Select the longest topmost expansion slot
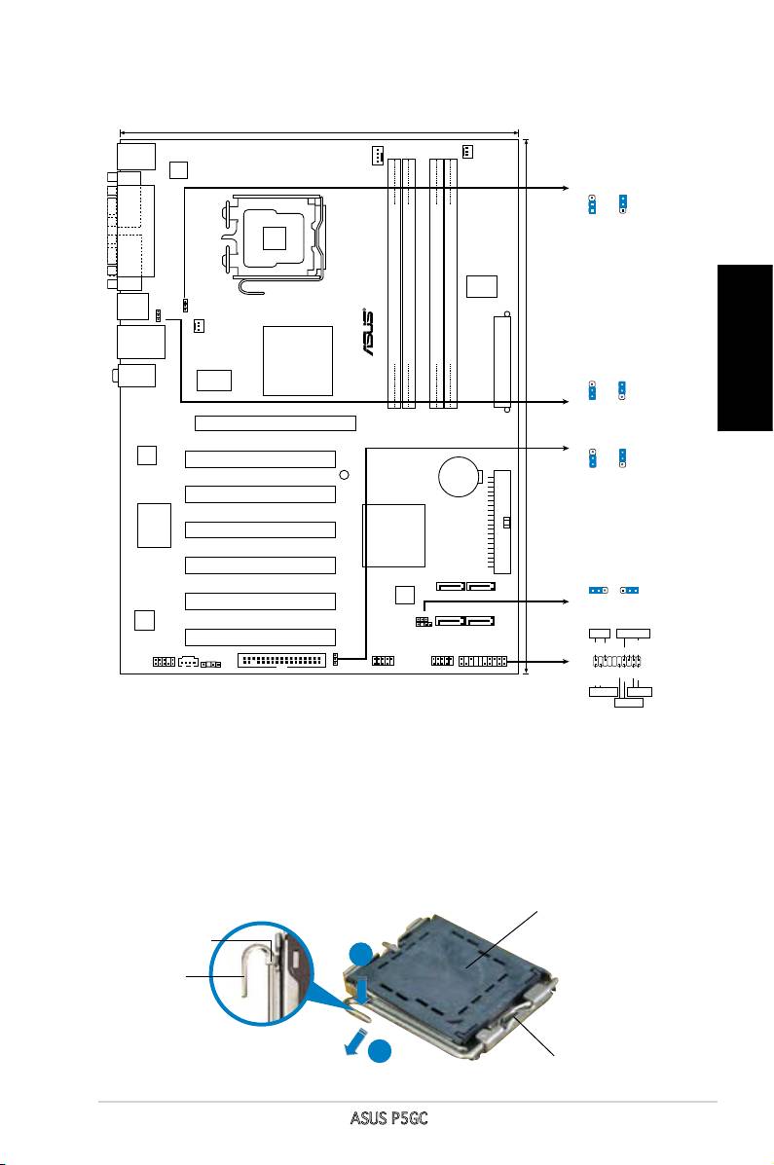point(276,423)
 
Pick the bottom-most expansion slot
point(260,637)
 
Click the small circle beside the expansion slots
point(344,475)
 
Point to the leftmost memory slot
point(395,283)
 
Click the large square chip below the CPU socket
point(297,360)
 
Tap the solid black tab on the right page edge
point(745,347)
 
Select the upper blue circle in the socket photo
point(361,954)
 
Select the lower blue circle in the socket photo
point(381,1050)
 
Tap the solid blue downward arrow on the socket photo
point(362,989)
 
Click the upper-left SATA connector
point(451,587)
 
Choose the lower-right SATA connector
point(481,621)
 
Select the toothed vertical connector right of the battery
point(501,522)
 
